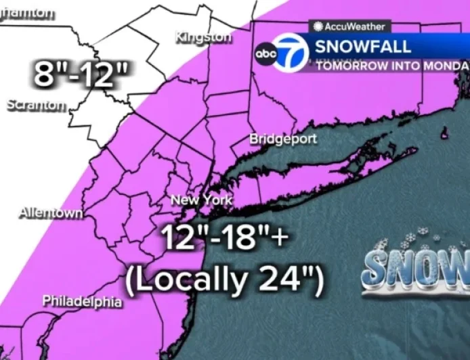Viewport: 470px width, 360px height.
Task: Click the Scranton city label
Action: point(37,106)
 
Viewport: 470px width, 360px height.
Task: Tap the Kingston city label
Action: point(202,37)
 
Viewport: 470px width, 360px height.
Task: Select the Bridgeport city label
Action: point(283,139)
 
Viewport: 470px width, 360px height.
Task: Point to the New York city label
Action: point(201,200)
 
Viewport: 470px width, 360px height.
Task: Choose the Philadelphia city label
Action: point(82,301)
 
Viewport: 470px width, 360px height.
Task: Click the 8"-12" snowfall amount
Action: point(82,74)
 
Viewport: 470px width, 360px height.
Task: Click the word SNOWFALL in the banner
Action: point(363,47)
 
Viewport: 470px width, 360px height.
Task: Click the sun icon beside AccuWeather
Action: point(318,27)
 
